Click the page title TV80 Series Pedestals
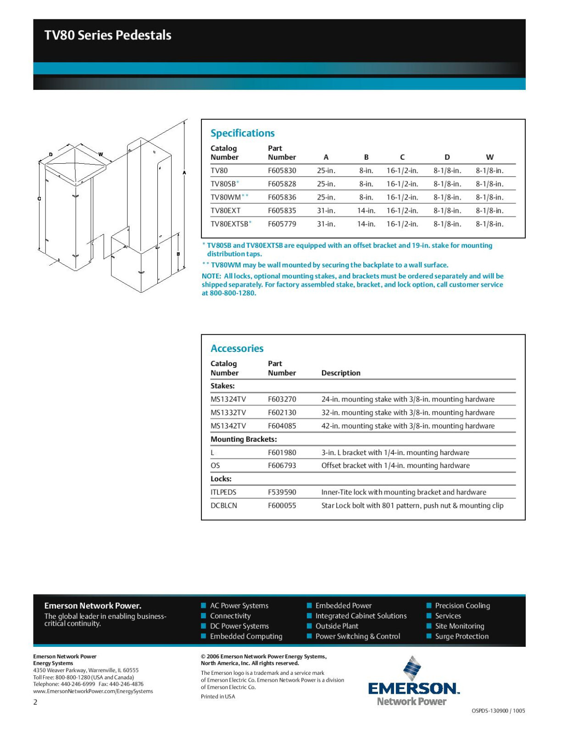click(x=108, y=35)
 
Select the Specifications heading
click(x=242, y=133)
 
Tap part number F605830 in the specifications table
click(x=282, y=171)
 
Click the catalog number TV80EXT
click(x=225, y=211)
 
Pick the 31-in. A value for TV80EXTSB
click(x=326, y=224)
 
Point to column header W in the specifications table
click(x=489, y=157)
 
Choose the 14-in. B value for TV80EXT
click(x=366, y=211)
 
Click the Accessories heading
click(x=237, y=348)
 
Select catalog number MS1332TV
click(x=228, y=412)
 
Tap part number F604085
click(x=282, y=426)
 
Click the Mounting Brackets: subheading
click(x=244, y=439)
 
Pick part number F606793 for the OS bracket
click(x=282, y=465)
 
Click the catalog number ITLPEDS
click(x=223, y=492)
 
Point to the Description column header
click(x=341, y=373)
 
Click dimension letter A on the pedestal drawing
click(x=184, y=173)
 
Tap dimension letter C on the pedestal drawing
click(x=39, y=199)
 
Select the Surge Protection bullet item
click(x=461, y=636)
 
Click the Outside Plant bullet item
click(x=337, y=626)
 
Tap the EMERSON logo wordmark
click(x=413, y=688)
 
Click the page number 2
click(x=35, y=702)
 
